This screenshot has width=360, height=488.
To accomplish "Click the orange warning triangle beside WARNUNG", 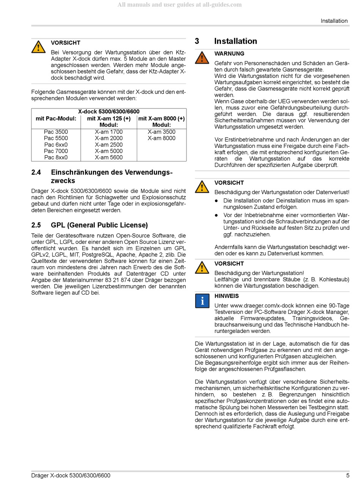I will pos(202,58).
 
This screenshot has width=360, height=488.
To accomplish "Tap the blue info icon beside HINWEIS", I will pos(202,301).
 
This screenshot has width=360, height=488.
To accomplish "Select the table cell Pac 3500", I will pos(56,132).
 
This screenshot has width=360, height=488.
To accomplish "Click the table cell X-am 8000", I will pos(161,138).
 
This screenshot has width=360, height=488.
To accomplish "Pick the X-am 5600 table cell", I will pos(109,157).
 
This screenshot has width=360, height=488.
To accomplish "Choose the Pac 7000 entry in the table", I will pos(56,151).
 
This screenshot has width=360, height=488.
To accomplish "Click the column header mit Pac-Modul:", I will pos(56,118).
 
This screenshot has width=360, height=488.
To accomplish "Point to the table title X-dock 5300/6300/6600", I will pos(109,111).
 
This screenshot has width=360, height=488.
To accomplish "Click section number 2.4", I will pos(36,173).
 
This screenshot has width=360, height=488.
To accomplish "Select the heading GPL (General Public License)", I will pos(99,225).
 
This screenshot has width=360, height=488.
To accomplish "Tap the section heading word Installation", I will pos(235,41).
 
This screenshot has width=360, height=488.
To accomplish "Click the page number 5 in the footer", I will pos(347,475).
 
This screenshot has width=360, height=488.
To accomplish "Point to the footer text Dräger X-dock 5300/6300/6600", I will pos(71,475).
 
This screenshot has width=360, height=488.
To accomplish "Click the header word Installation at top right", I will pos(334,21).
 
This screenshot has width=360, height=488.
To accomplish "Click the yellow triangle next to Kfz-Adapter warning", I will pos(38,47).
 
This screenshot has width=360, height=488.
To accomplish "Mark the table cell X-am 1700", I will pos(109,132).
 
